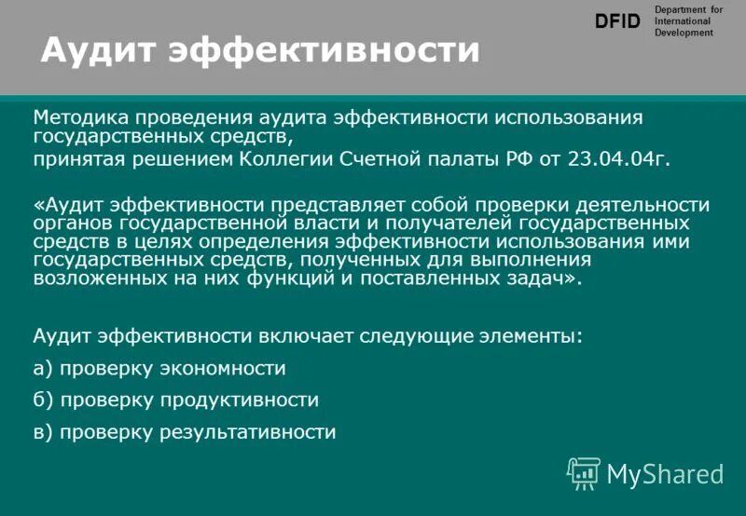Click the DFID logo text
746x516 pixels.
tap(618, 21)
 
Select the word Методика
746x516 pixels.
tap(79, 118)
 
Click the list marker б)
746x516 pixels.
tap(44, 401)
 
